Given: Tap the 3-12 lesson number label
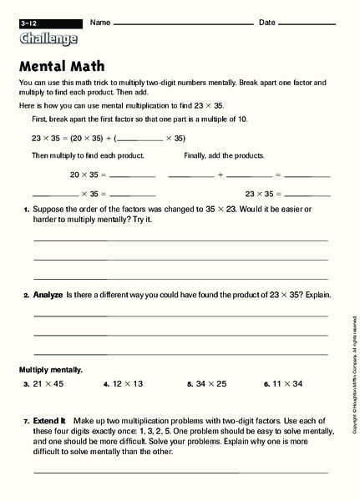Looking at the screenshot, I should (x=30, y=22).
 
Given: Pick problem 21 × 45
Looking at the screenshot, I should (x=48, y=384).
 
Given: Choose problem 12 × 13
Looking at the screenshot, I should (x=127, y=384).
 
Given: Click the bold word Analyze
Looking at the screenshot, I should (x=48, y=295).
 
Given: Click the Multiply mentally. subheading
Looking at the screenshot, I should (x=51, y=368).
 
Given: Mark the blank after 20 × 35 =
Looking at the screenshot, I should (x=133, y=177).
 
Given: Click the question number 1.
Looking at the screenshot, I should (x=26, y=210).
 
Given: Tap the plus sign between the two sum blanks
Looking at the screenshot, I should (x=221, y=175).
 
